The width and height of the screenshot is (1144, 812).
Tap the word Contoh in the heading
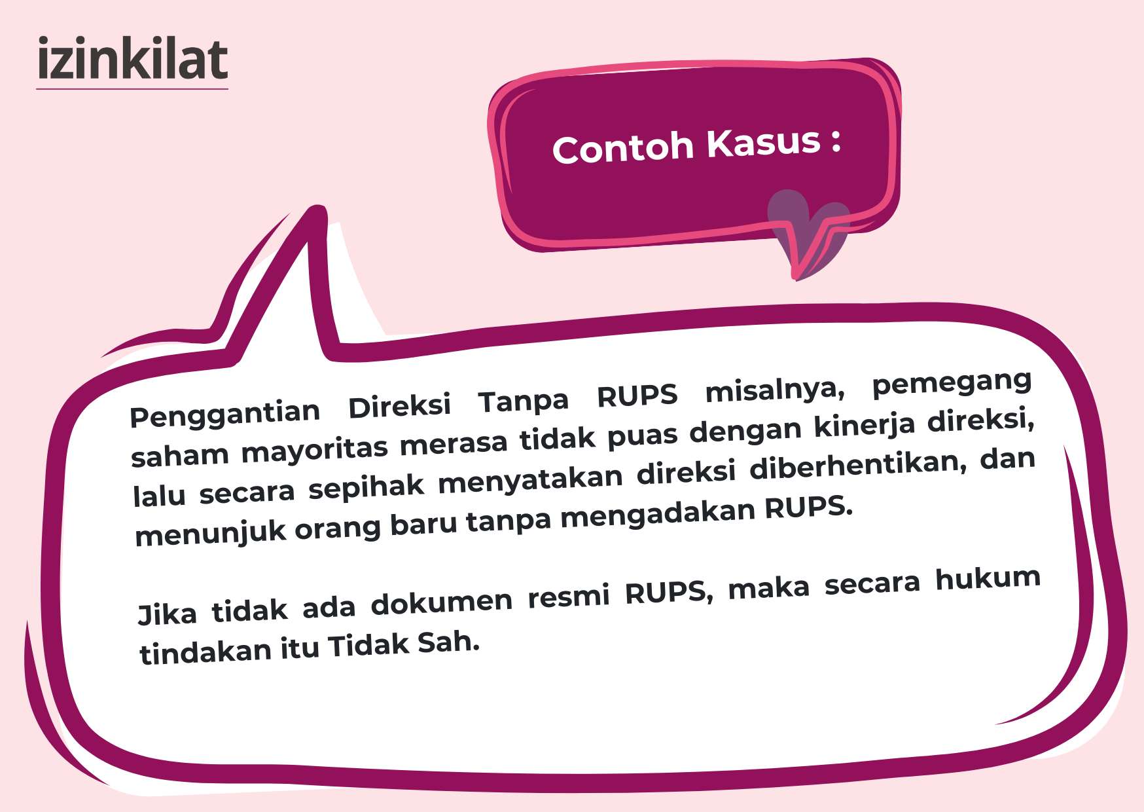click(622, 147)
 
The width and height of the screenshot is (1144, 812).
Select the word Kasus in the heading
click(763, 142)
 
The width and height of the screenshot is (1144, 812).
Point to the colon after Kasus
click(836, 141)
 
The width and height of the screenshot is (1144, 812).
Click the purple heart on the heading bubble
click(808, 232)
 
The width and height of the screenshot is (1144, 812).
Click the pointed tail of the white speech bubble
click(315, 216)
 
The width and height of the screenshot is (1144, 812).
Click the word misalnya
click(775, 390)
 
